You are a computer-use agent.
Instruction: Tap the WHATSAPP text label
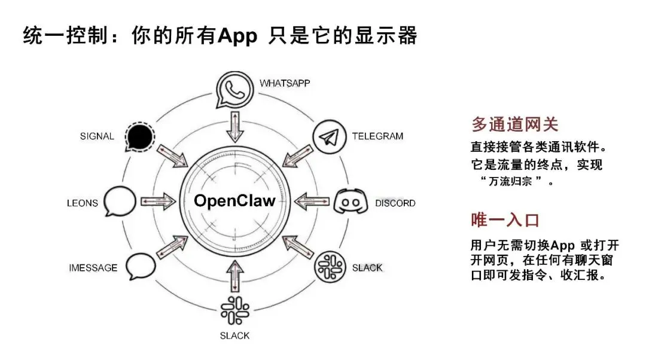(285, 83)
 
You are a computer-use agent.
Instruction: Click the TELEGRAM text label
(377, 136)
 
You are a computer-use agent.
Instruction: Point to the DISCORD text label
(395, 203)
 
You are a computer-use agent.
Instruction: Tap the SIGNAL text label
(97, 136)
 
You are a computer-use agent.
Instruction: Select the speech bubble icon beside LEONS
(120, 202)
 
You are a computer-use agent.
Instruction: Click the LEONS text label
(82, 203)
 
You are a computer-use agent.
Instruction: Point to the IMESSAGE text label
(93, 267)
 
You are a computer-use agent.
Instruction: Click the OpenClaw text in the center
(234, 200)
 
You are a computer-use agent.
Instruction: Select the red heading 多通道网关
(515, 124)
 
